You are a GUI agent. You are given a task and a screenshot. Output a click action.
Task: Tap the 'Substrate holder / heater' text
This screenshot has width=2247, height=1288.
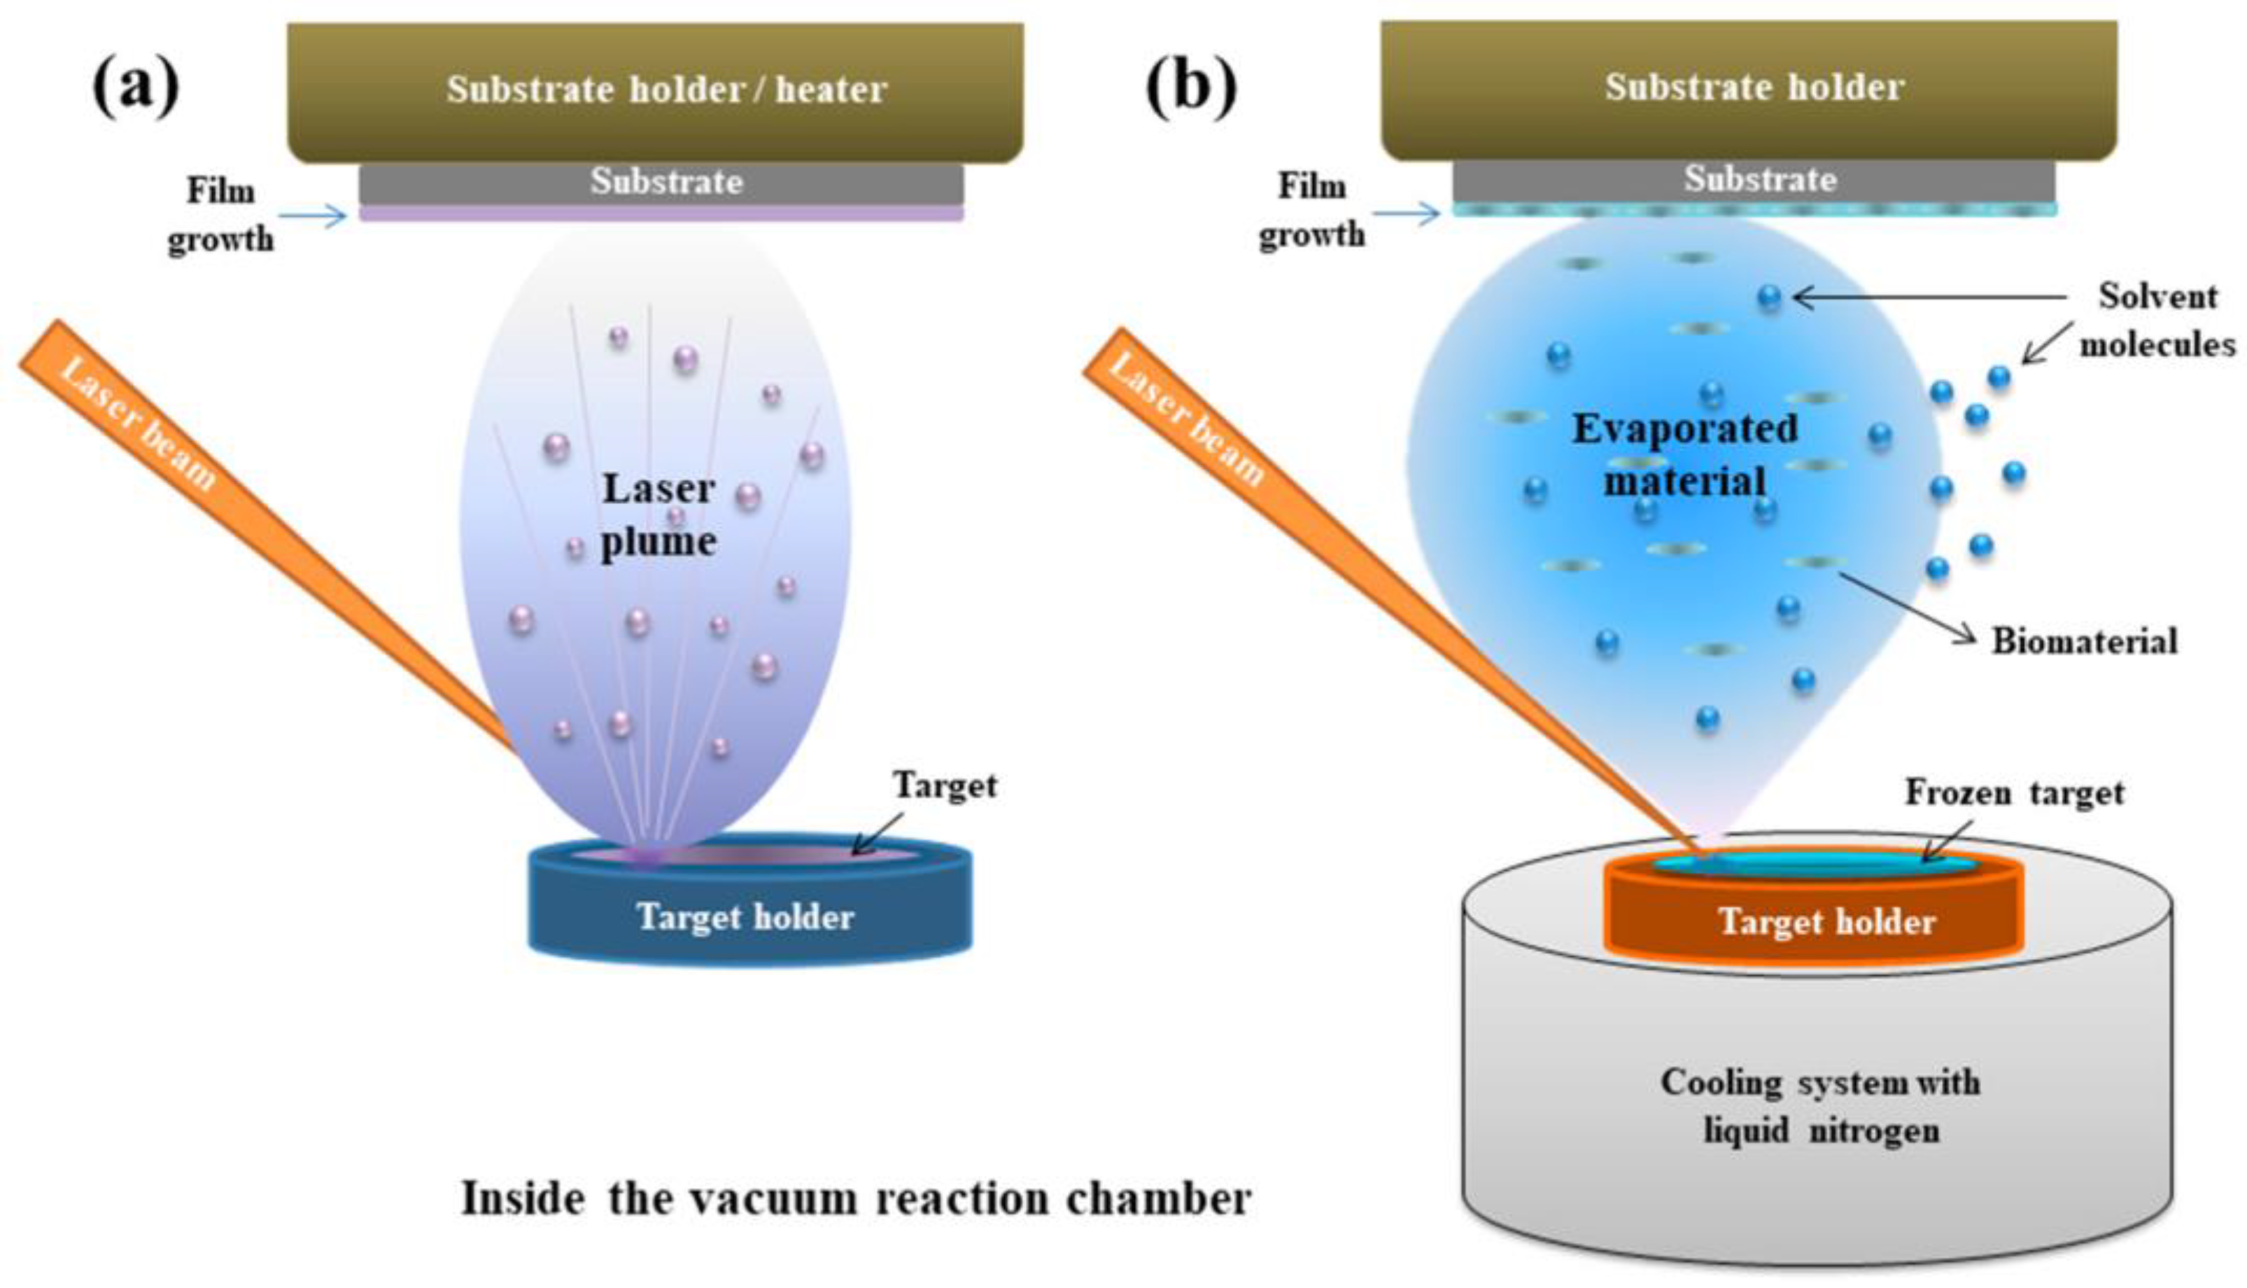[x=667, y=90]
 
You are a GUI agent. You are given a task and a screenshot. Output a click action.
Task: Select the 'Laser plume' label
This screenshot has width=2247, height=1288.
[x=658, y=514]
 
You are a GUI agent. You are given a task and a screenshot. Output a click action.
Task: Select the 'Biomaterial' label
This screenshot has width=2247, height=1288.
[x=2084, y=641]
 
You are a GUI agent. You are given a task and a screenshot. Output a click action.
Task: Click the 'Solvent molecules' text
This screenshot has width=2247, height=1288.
[x=2157, y=320]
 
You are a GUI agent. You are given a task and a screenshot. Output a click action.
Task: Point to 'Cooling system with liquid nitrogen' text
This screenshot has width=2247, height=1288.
[x=1821, y=1106]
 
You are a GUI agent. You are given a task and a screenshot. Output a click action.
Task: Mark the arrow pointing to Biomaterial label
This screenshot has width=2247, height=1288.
[x=1908, y=608]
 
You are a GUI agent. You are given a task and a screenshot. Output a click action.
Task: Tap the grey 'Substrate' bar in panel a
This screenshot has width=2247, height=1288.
[x=661, y=184]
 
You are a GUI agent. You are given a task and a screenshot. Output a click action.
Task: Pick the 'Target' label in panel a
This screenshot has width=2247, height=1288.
[x=945, y=785]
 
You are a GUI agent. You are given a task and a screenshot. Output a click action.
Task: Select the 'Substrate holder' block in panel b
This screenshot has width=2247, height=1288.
[x=1749, y=90]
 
